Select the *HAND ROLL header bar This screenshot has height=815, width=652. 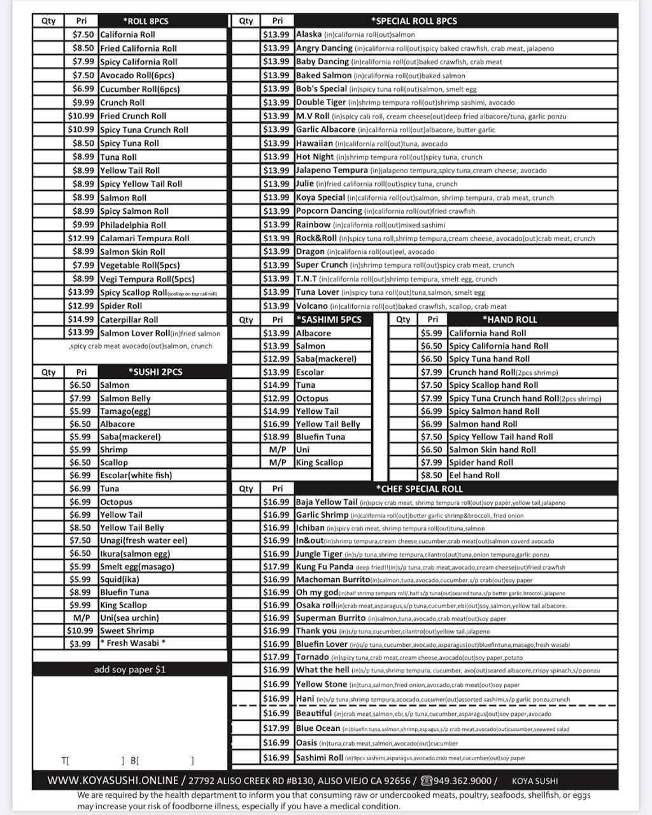tap(509, 319)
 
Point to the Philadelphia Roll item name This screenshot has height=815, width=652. tap(132, 225)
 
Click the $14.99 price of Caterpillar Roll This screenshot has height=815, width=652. tap(81, 320)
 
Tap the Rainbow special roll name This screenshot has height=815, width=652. tap(313, 225)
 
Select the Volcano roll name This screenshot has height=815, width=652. tap(312, 306)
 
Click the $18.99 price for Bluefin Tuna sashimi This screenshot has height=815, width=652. tap(276, 437)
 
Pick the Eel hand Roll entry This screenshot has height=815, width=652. tap(474, 475)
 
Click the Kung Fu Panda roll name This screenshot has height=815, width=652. tap(324, 567)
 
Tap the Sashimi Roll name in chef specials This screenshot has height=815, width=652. tap(320, 758)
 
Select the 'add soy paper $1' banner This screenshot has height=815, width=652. tap(130, 669)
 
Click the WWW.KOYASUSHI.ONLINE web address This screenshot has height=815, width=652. tap(113, 780)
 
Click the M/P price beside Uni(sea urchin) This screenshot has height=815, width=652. tap(81, 618)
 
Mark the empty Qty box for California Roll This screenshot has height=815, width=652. tap(48, 34)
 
